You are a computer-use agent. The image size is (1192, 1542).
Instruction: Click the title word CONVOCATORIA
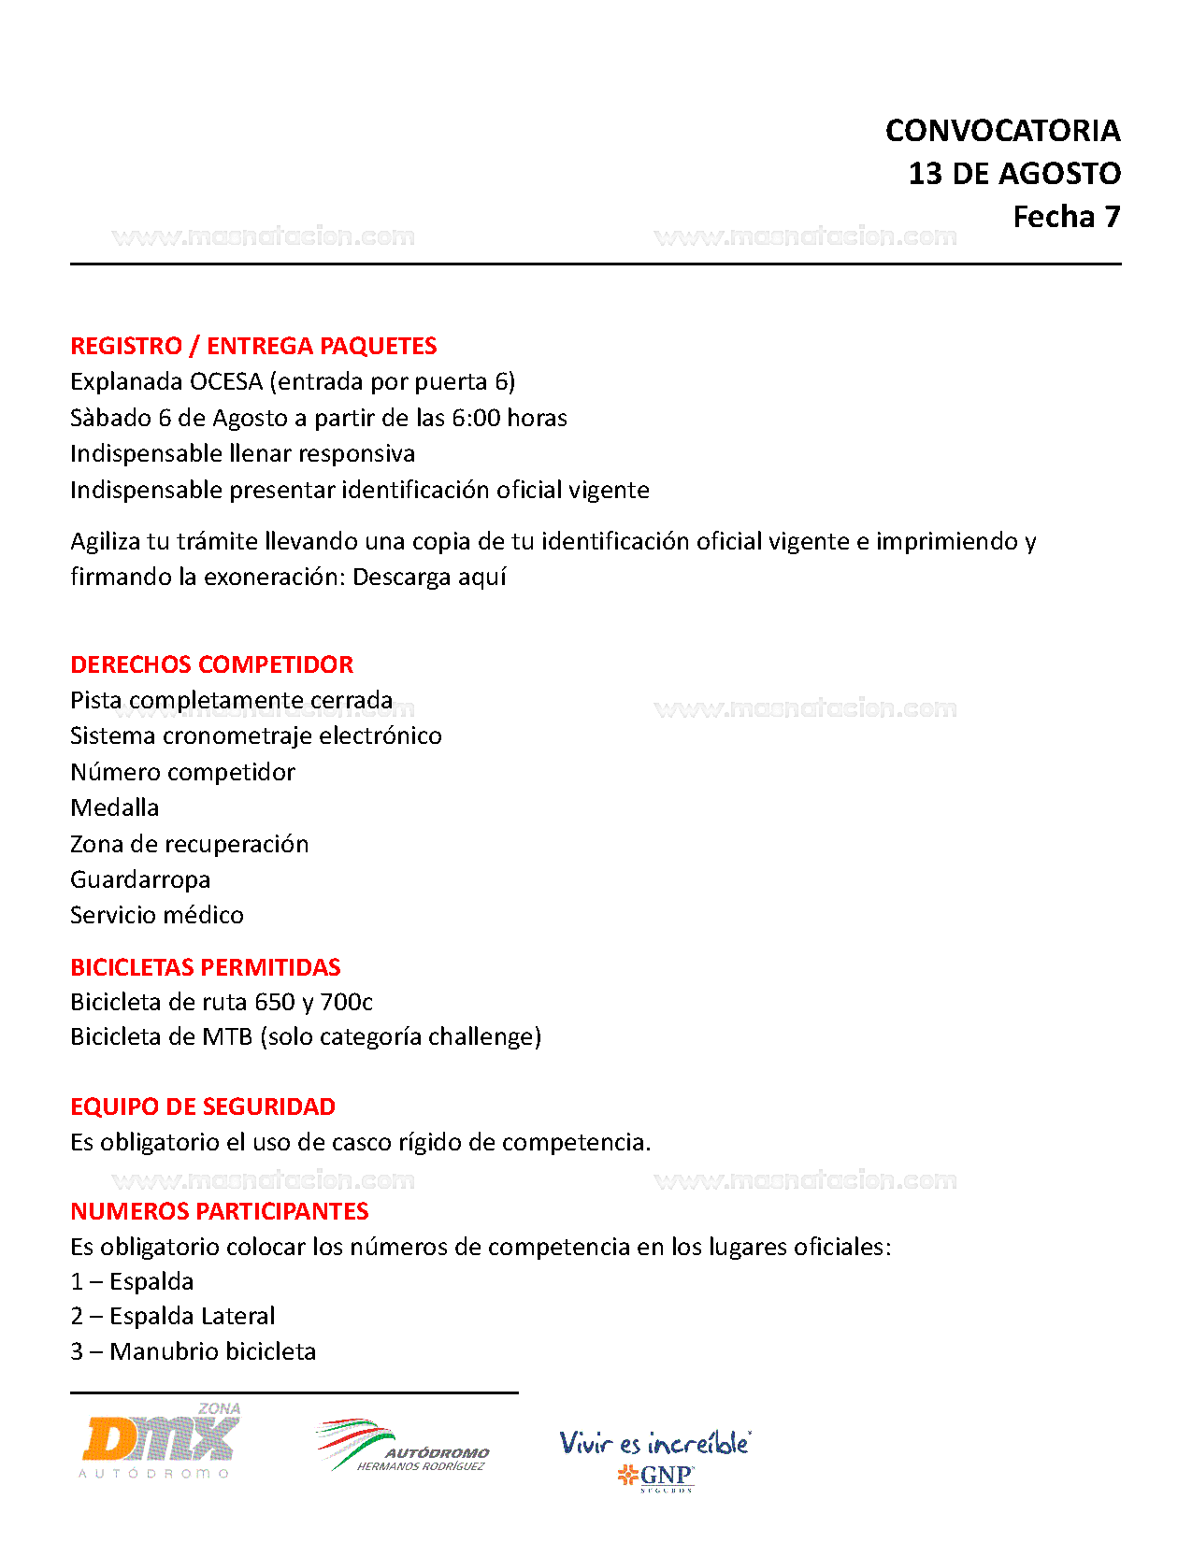coord(1002,131)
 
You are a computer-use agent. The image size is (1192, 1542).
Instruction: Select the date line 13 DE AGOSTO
coord(1014,174)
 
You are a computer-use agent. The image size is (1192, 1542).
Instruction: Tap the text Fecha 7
coord(1066,217)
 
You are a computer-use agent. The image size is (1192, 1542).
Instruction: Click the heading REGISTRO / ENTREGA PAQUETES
coord(253,346)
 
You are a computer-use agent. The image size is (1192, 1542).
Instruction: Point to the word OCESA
coord(226,382)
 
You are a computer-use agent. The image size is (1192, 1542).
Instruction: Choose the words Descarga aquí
coord(429,578)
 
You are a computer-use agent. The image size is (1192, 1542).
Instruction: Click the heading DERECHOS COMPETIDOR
coord(212,664)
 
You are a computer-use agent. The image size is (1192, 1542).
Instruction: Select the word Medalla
coord(115,807)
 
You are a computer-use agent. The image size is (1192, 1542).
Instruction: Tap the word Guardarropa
coord(140,879)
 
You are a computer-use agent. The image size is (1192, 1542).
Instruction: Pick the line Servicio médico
coord(157,915)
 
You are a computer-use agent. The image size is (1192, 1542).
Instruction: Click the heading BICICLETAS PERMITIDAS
coord(206,967)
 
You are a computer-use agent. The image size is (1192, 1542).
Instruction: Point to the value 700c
coord(346,1003)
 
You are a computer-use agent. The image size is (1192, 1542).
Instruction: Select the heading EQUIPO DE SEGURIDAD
coord(203,1107)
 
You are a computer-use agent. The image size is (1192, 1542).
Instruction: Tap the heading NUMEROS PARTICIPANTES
coord(220,1211)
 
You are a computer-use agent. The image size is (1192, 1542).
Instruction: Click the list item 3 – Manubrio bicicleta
coord(194,1351)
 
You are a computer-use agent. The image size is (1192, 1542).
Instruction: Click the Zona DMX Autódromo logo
coord(160,1442)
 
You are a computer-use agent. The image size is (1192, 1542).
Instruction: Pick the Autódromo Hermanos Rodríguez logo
coord(403,1446)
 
